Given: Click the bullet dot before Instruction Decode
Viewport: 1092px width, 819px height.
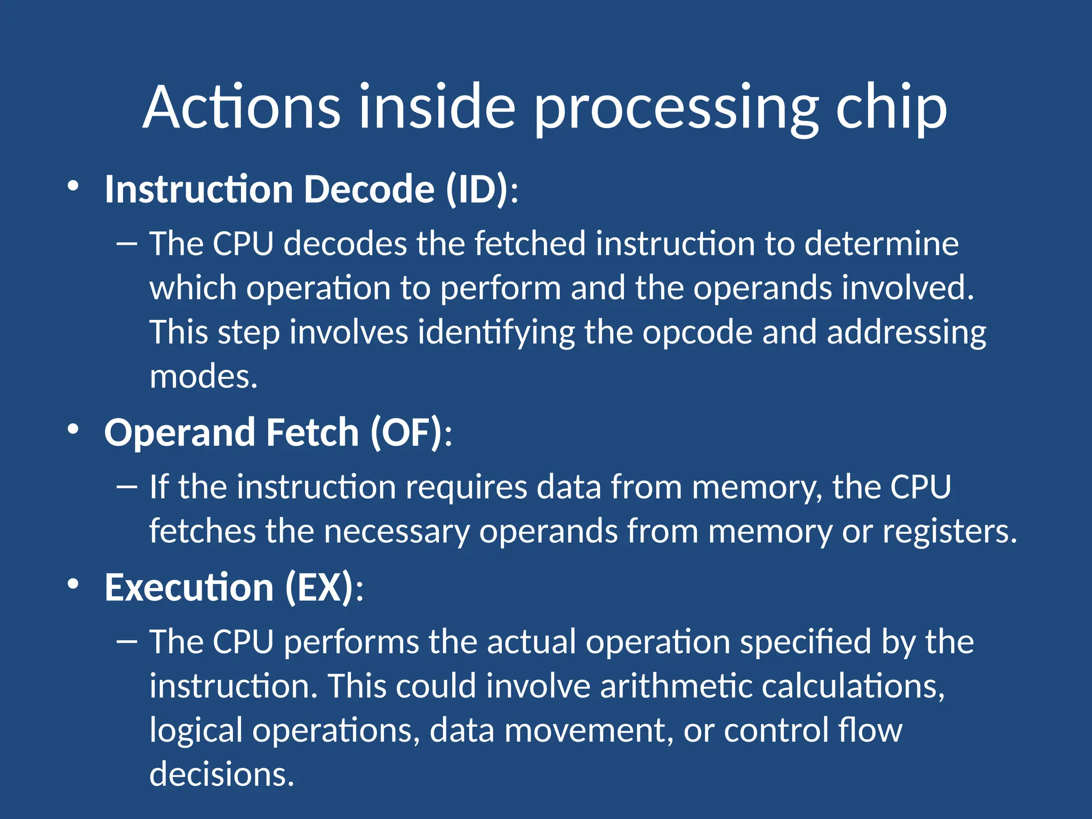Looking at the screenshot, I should coord(73,186).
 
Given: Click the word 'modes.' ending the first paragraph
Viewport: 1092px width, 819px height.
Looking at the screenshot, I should coord(203,376).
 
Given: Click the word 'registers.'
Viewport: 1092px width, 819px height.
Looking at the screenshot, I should coord(950,531).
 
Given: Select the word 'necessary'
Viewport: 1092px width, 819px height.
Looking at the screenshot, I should coord(397,531).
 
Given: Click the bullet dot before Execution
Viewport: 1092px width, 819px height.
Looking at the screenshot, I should coord(73,584).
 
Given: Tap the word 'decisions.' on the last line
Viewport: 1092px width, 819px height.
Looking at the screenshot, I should coord(221,774).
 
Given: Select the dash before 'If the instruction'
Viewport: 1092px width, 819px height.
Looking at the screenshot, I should coord(126,487).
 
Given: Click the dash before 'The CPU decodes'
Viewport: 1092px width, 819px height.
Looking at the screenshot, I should coord(126,244).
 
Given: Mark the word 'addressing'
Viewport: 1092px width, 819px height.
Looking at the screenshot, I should coord(906,332).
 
